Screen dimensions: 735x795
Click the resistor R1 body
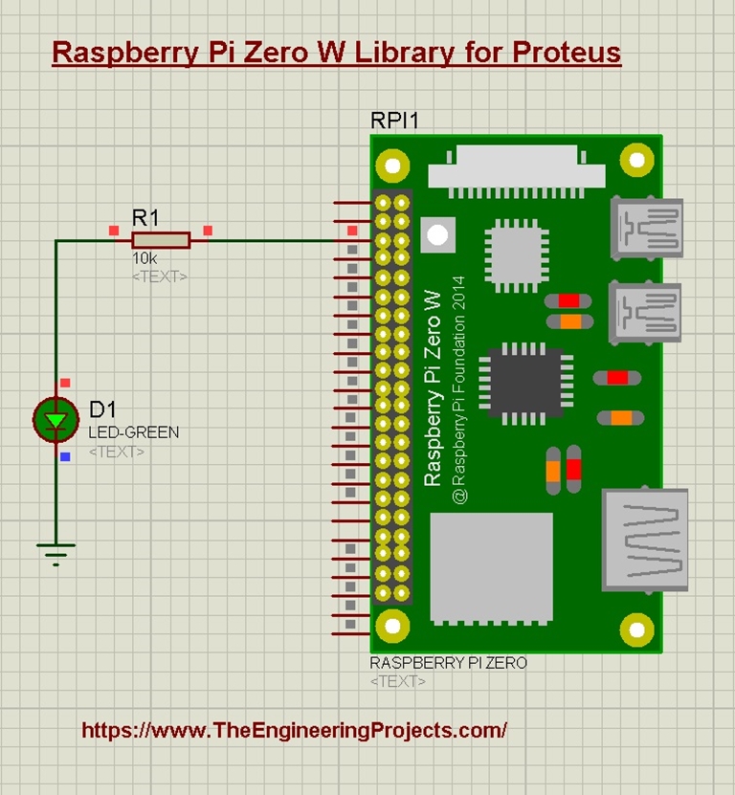tap(161, 240)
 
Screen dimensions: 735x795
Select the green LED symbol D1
tap(56, 420)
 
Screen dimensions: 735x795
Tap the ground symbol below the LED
tap(56, 554)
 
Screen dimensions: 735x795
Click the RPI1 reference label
tap(394, 121)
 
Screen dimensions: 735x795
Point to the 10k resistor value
tap(145, 258)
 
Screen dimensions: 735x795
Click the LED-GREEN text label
tap(134, 432)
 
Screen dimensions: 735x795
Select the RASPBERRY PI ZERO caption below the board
tap(449, 663)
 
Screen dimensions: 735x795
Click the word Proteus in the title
tap(567, 53)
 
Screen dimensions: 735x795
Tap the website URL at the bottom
tap(294, 730)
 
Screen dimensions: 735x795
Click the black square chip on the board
tap(525, 384)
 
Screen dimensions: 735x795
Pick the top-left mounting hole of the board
tap(392, 166)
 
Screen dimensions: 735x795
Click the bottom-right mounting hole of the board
tap(636, 629)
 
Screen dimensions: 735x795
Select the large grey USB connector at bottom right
tap(645, 540)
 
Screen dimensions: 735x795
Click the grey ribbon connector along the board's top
tap(517, 171)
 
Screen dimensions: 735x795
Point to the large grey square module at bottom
tap(492, 567)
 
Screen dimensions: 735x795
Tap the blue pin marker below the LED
tap(65, 457)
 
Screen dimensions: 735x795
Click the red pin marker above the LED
tap(65, 383)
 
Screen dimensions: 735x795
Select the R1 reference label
tap(145, 218)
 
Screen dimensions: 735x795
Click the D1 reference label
tap(102, 409)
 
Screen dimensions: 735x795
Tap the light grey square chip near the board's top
tap(517, 256)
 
